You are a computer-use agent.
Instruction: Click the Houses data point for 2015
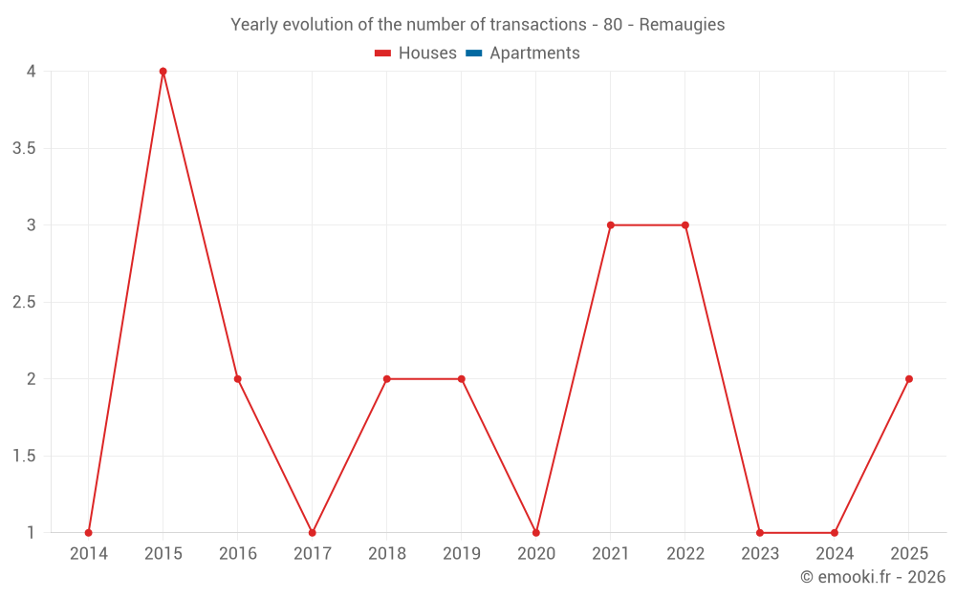click(x=163, y=72)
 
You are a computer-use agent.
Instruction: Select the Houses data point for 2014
click(x=89, y=533)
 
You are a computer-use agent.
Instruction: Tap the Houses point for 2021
click(x=611, y=225)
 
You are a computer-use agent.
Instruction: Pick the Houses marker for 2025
click(x=909, y=379)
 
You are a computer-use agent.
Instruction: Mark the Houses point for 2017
click(x=313, y=533)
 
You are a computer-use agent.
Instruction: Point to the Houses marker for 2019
click(x=462, y=379)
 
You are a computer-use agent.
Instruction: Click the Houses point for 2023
click(x=760, y=533)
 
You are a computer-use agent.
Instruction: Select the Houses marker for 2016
click(x=238, y=379)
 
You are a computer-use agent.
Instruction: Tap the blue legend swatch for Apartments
click(x=473, y=53)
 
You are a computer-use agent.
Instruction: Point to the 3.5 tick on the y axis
click(x=25, y=148)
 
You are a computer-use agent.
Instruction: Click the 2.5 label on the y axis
click(x=25, y=302)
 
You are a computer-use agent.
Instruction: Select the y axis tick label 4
click(x=32, y=72)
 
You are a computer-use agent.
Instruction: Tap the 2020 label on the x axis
click(x=536, y=554)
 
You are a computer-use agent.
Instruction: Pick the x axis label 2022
click(x=685, y=554)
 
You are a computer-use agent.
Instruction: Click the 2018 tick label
click(x=387, y=554)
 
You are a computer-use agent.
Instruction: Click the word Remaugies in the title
click(x=682, y=25)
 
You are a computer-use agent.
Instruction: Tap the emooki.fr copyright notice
click(x=873, y=577)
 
